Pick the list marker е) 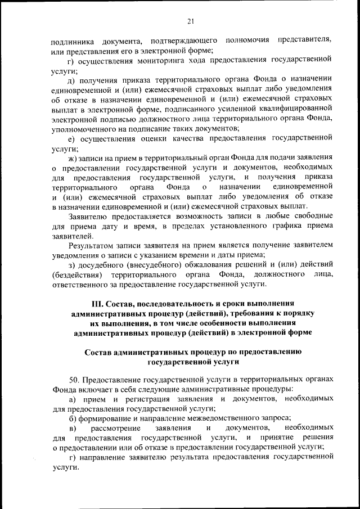(x=71, y=138)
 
